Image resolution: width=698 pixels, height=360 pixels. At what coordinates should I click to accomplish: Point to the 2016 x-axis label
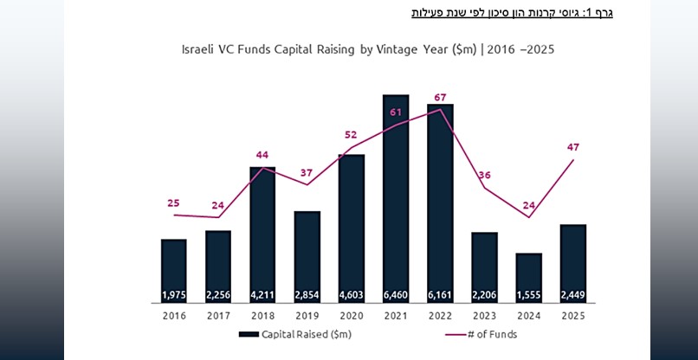pyautogui.click(x=174, y=316)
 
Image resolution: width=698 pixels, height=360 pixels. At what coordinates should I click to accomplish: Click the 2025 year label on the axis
pyautogui.click(x=573, y=316)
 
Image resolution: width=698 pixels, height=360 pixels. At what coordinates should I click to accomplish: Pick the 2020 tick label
pyautogui.click(x=352, y=316)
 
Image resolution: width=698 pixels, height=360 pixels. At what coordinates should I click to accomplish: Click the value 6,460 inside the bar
pyautogui.click(x=396, y=295)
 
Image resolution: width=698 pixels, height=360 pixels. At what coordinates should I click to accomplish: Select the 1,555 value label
pyautogui.click(x=528, y=295)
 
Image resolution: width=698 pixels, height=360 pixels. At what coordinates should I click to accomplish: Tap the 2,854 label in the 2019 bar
pyautogui.click(x=307, y=295)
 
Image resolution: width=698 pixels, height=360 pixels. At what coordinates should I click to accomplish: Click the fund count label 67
pyautogui.click(x=439, y=96)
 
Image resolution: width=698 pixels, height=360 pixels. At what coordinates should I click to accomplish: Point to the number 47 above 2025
pyautogui.click(x=572, y=147)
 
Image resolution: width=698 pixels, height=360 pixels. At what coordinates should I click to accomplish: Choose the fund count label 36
pyautogui.click(x=484, y=175)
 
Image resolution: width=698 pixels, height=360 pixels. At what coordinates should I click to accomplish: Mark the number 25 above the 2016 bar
pyautogui.click(x=173, y=203)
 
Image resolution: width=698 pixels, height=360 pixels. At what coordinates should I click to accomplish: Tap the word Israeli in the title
pyautogui.click(x=199, y=50)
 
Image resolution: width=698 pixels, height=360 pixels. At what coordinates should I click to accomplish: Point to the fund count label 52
pyautogui.click(x=350, y=134)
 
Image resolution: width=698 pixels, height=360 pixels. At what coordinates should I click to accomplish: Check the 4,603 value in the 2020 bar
pyautogui.click(x=352, y=295)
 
